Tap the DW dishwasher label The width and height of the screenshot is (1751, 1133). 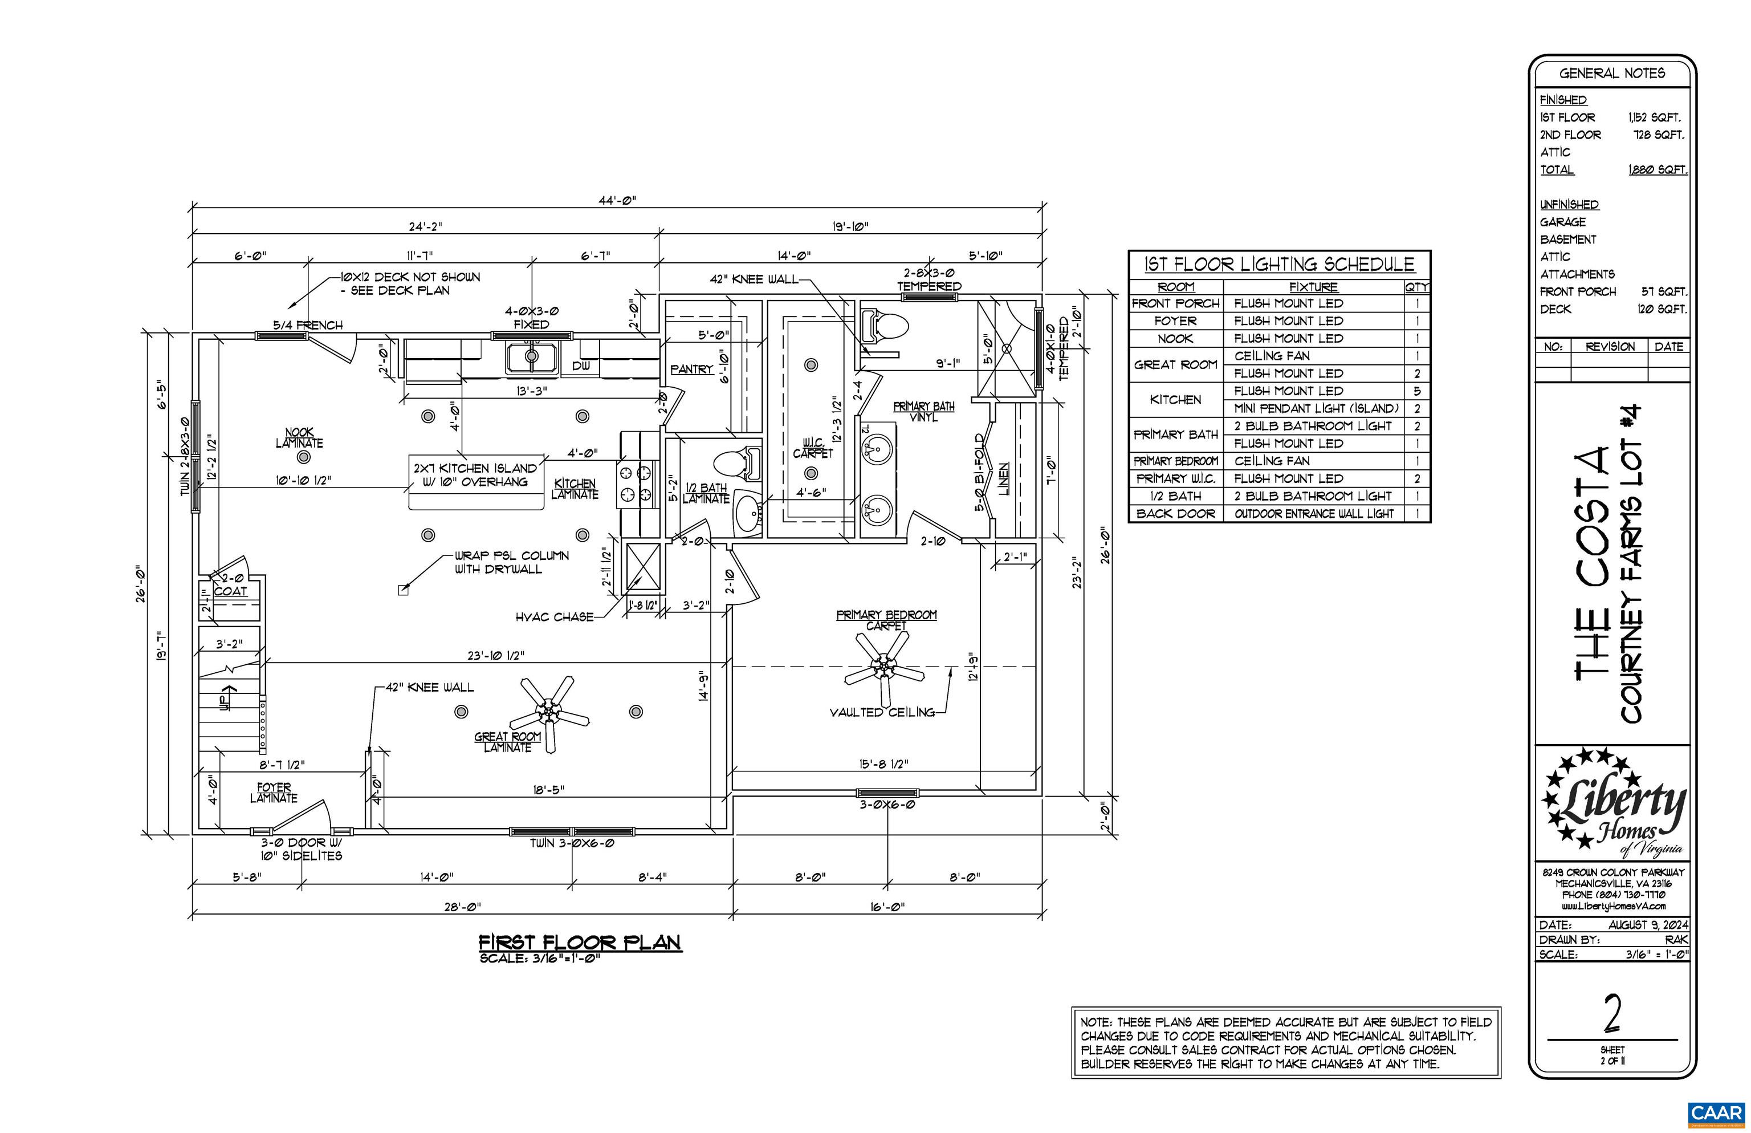pos(581,366)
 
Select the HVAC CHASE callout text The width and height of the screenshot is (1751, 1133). pos(554,616)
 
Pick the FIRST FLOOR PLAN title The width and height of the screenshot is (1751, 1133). pos(580,943)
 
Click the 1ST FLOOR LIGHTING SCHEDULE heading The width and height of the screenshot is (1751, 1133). pos(1279,264)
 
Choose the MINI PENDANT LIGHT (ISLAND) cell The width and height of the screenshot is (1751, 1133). pos(1316,408)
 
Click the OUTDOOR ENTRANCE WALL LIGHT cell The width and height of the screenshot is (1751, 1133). pos(1313,514)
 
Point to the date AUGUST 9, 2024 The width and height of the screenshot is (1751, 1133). pos(1647,925)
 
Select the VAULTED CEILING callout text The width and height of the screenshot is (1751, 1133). pos(882,712)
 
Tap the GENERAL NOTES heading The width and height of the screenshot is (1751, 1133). pos(1612,74)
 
